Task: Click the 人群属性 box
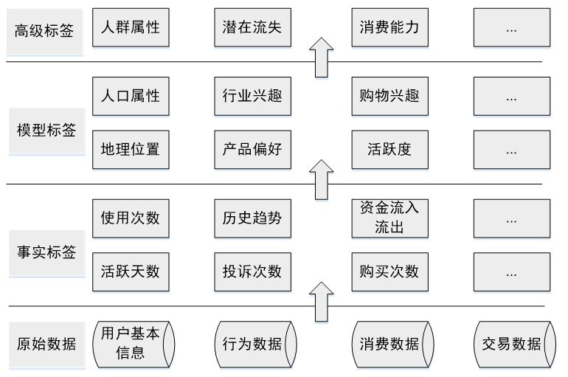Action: [130, 28]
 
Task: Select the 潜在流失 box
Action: [252, 28]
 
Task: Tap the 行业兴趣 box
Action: [252, 96]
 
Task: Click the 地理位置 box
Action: [130, 149]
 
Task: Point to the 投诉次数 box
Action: [252, 271]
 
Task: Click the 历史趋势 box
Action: [252, 218]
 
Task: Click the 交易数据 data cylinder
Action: [510, 344]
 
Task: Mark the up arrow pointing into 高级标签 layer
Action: [320, 57]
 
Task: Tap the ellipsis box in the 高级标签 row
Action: [510, 28]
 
